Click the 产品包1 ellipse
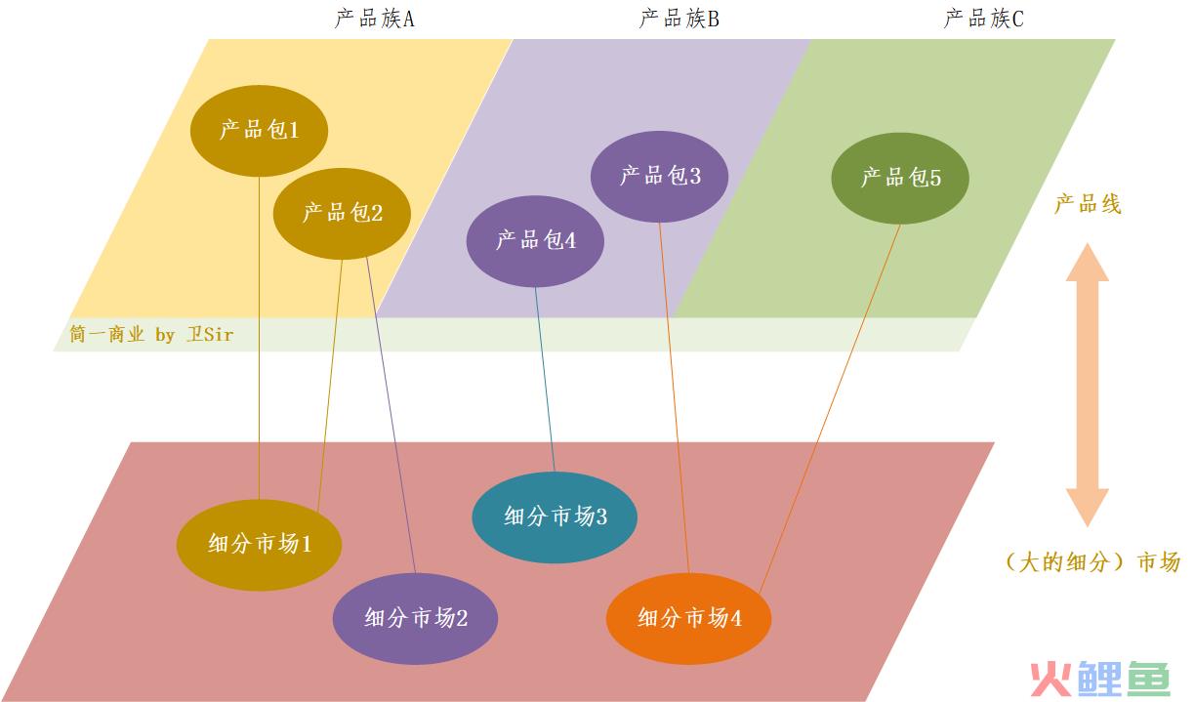coord(259,131)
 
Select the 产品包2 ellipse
coord(342,214)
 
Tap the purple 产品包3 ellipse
coord(659,177)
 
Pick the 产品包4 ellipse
coord(535,241)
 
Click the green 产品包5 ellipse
coord(900,178)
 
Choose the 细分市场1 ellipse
coord(259,545)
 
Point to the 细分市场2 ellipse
coord(415,619)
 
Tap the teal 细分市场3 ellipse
coord(555,517)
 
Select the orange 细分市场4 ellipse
coord(688,619)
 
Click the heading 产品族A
coord(374,20)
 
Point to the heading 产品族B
coord(679,20)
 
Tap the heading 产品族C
coord(983,20)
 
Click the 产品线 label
coord(1088,204)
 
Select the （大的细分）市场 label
coord(1091,562)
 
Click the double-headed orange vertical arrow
coord(1088,385)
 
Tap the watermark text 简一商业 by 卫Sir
coord(151,334)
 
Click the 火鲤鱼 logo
coord(1099,679)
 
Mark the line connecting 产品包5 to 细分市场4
coord(830,408)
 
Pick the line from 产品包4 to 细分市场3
coord(545,379)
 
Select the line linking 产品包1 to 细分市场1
coord(259,338)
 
